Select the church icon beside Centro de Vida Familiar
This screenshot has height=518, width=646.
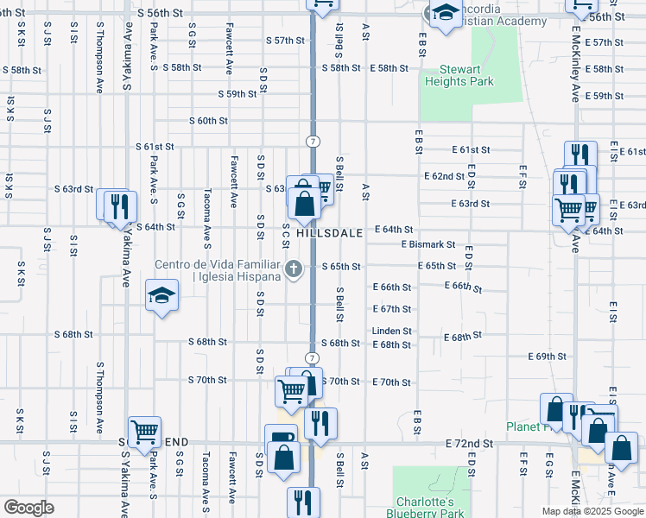[x=294, y=269]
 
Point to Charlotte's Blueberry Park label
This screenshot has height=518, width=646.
[x=426, y=508]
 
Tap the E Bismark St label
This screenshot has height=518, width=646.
[x=427, y=244]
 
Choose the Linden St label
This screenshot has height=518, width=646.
[x=392, y=331]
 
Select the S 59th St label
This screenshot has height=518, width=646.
[x=238, y=94]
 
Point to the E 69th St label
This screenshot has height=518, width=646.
[x=548, y=356]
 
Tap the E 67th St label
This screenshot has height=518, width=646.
[x=392, y=309]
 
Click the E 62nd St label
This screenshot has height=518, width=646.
[x=445, y=176]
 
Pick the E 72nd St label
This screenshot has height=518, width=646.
[x=470, y=443]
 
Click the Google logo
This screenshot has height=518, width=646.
[x=28, y=508]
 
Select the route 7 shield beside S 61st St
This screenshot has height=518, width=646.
[x=312, y=141]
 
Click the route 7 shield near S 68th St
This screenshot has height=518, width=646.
[x=312, y=357]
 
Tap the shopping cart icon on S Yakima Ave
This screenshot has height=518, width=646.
[x=144, y=431]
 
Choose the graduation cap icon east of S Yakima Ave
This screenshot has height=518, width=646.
[x=161, y=297]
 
